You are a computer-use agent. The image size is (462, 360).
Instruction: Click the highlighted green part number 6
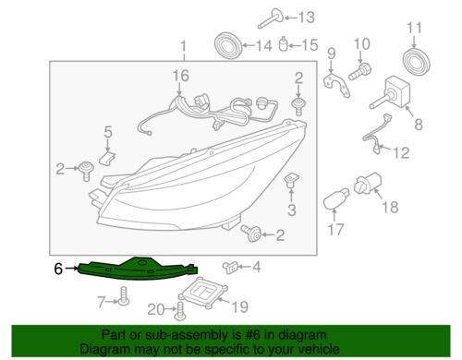coord(137,270)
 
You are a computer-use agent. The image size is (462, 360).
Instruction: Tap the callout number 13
coord(307,18)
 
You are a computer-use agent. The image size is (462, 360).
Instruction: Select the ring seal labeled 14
coord(228,45)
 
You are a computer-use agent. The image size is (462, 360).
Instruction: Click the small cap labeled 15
coord(284,44)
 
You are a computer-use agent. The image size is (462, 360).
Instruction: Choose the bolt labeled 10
coord(359,71)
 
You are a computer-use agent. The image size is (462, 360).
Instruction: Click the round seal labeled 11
coord(417,60)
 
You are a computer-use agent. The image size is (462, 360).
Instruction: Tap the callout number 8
coord(419,125)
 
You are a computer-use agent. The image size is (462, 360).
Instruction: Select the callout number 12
coord(401,153)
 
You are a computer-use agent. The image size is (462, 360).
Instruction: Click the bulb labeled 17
coord(336,199)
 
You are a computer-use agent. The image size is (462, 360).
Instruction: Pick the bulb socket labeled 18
coord(368,184)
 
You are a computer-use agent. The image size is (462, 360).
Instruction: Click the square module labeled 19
coord(203,292)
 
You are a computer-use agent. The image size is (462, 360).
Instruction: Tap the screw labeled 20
coord(180,310)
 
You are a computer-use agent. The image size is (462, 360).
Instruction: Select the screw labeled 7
coord(124,296)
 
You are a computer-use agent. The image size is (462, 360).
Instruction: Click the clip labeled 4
coord(231,267)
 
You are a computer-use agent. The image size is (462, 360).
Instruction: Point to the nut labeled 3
coord(291,181)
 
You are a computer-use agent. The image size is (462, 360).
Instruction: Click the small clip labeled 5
coord(107,157)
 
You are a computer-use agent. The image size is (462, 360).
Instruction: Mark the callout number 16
coord(180,76)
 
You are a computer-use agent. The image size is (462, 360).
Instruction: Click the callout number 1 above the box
coord(184,46)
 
